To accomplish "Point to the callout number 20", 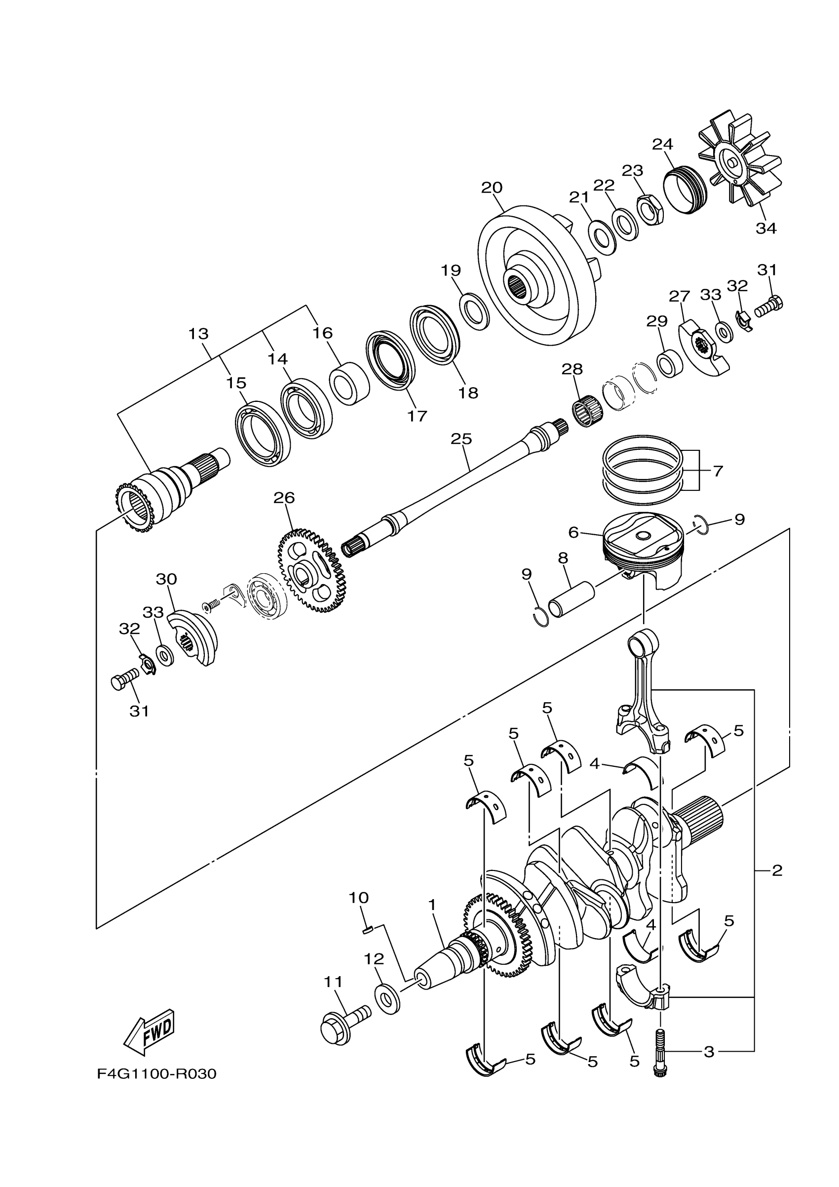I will [492, 188].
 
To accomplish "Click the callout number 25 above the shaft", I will [461, 439].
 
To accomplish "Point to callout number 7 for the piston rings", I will [718, 471].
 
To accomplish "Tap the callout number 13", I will [198, 334].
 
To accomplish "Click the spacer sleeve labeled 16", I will [350, 384].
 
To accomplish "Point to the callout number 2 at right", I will [777, 870].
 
